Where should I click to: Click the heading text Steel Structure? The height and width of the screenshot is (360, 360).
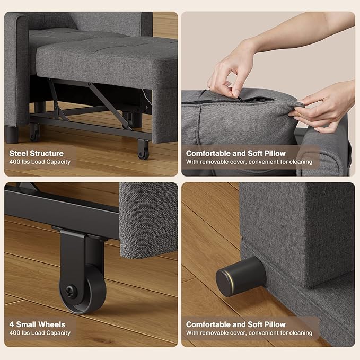coord(37,153)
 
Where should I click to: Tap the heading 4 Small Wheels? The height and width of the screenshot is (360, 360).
coord(37,324)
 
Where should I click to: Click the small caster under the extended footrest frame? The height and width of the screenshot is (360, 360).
coord(143,151)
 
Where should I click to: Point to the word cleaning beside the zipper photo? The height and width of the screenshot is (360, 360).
coord(301,162)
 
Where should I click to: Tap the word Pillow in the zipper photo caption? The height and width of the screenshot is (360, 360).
coord(274,153)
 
